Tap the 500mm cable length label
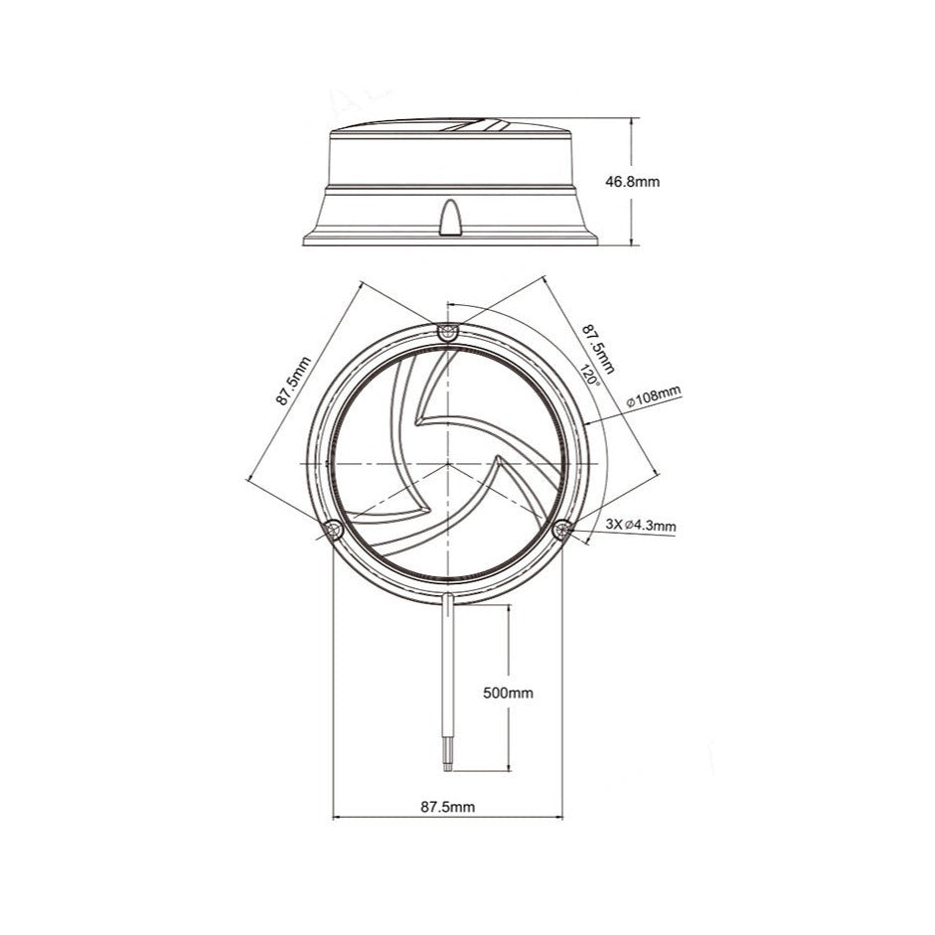click(508, 693)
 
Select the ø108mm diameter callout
click(654, 398)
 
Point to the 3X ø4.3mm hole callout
click(640, 525)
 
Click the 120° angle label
click(590, 375)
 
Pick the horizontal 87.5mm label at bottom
click(447, 808)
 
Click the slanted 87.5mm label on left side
click(294, 380)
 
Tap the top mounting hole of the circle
click(448, 331)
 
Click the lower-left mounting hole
click(333, 530)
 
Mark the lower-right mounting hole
click(563, 529)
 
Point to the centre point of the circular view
click(448, 464)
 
